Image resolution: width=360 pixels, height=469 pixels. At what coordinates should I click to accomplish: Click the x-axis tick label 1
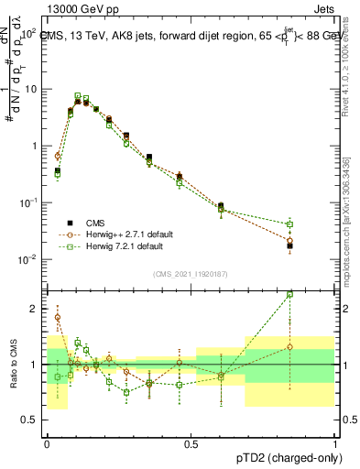(x=335, y=444)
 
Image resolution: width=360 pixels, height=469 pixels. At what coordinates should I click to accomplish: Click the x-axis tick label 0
(x=47, y=444)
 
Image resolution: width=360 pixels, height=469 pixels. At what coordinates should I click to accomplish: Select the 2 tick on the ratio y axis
(x=36, y=309)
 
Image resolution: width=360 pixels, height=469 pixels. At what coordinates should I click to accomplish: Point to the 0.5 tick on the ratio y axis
(x=32, y=420)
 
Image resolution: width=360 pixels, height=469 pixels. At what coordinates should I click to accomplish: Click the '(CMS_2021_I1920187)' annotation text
(x=191, y=274)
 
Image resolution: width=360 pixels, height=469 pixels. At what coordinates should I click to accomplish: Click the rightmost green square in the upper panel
(x=289, y=224)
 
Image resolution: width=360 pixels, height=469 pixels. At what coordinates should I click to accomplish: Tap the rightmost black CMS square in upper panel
(x=289, y=245)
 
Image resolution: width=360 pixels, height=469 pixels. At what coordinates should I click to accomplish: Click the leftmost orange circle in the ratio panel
(x=58, y=318)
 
